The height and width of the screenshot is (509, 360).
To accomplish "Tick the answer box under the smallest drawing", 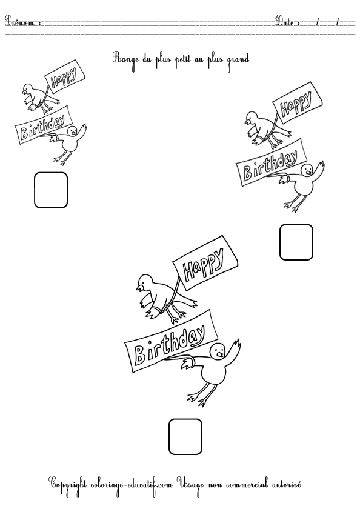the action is click(51, 190).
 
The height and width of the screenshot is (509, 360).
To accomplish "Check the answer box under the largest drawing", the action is click(185, 437).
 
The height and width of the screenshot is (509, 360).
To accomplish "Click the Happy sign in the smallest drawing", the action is click(64, 75).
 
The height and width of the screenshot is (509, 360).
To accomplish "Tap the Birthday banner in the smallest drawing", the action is click(42, 125).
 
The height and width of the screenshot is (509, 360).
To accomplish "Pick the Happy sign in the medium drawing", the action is click(297, 102).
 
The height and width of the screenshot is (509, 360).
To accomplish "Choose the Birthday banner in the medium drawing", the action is click(271, 162).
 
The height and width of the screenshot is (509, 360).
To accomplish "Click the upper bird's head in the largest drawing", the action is click(145, 282).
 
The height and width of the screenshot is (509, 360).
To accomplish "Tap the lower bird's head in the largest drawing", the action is click(218, 351).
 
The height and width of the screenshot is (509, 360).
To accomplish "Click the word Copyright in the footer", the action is click(67, 485).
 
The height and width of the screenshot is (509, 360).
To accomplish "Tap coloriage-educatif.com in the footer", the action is click(131, 485).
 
